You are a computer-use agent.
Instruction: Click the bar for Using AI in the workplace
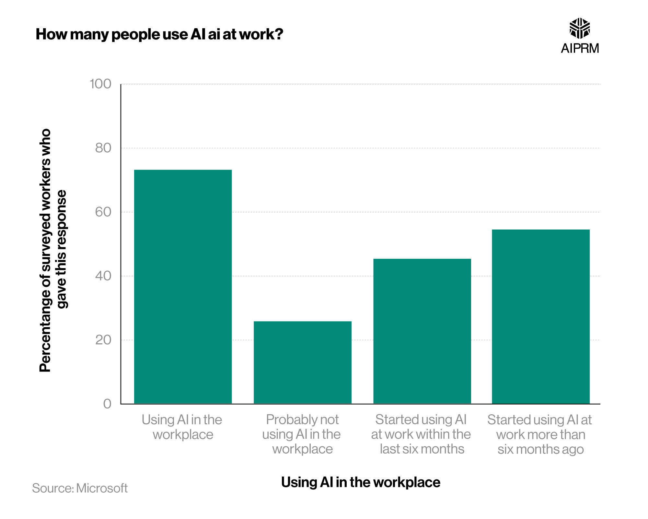183,287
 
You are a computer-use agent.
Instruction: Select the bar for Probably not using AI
302,362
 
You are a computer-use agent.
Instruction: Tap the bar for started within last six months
422,331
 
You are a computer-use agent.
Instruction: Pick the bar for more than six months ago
540,316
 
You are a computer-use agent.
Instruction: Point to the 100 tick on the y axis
100,84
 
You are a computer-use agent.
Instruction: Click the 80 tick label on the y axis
103,148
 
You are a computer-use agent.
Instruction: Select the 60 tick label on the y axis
103,212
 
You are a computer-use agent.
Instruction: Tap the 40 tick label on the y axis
103,276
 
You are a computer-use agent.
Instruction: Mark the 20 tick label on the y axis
103,340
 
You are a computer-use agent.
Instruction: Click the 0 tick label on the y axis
107,404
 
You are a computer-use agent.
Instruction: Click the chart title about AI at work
159,34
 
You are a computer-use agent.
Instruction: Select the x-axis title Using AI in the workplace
361,482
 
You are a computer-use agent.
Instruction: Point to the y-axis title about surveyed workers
53,250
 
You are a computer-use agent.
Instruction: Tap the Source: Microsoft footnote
80,488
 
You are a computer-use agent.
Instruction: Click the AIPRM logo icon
580,28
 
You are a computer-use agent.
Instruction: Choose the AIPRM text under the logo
580,48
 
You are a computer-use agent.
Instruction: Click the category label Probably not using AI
302,434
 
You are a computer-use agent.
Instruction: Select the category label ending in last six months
421,434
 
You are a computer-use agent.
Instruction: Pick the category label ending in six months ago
540,434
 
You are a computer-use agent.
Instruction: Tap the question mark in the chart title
279,34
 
